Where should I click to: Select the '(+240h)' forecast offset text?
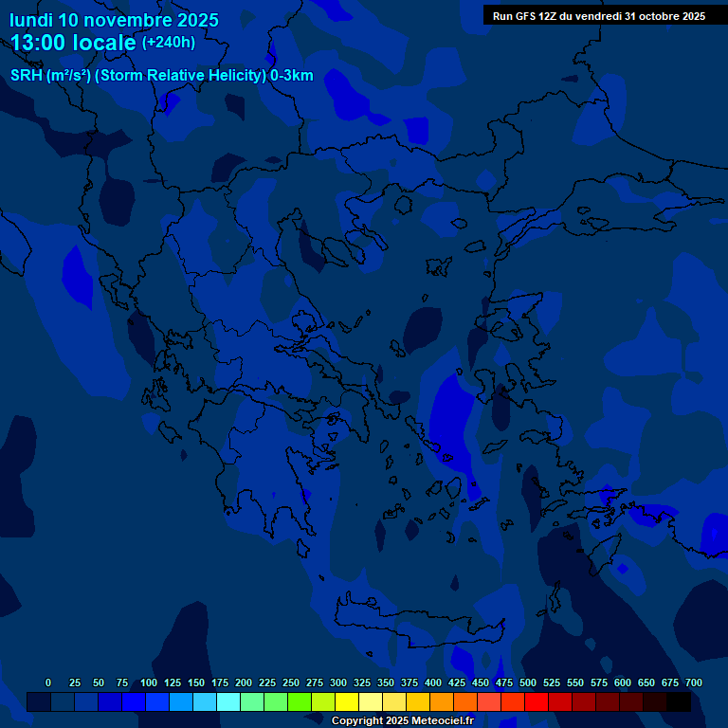(169, 43)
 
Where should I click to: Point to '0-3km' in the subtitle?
(292, 76)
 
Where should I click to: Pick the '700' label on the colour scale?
(693, 682)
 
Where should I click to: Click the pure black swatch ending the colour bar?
(679, 701)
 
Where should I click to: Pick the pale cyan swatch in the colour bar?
(228, 701)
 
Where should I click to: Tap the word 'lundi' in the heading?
(30, 20)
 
